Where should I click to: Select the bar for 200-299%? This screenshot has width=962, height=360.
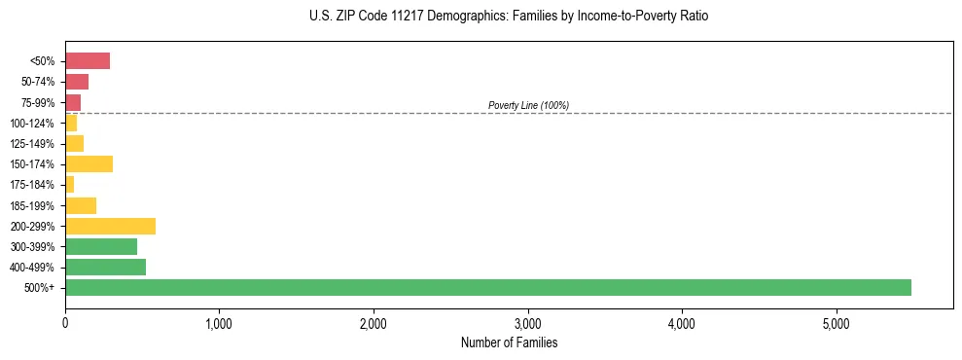click(x=110, y=226)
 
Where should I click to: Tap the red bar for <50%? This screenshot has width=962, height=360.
click(x=88, y=61)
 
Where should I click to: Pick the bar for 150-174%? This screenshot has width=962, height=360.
click(x=89, y=163)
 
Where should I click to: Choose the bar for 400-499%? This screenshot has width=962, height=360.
click(x=105, y=267)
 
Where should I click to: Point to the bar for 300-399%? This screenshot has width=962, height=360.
click(x=101, y=246)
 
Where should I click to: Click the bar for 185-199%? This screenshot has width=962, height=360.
click(x=81, y=205)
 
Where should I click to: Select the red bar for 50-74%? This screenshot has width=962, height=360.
click(x=77, y=82)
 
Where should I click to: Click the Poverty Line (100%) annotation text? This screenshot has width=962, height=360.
click(x=528, y=105)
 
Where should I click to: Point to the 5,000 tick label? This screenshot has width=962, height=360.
click(x=836, y=322)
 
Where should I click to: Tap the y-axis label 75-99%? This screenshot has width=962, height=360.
click(x=38, y=103)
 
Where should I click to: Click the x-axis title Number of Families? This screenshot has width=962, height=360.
click(x=509, y=342)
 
